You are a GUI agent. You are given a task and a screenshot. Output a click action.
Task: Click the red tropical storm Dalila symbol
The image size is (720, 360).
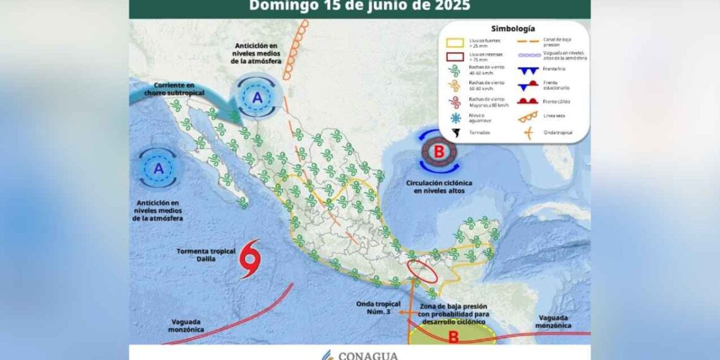[250, 258]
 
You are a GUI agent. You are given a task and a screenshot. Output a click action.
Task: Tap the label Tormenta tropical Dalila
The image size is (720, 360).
[201, 255]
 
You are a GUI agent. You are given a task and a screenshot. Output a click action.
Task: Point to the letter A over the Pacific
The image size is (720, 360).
[159, 168]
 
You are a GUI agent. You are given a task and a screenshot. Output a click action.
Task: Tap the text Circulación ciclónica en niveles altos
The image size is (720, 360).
[439, 186]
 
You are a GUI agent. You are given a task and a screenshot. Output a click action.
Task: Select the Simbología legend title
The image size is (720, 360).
[513, 28]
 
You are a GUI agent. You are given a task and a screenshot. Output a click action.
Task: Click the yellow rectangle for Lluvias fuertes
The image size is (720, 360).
[455, 43]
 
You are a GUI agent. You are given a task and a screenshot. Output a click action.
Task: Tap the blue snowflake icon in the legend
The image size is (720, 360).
[455, 118]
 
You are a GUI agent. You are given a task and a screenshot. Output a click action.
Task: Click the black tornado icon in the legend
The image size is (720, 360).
[455, 133]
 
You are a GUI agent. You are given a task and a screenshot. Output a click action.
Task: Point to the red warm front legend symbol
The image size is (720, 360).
[529, 101]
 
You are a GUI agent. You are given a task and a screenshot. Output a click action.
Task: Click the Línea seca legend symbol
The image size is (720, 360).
[529, 116]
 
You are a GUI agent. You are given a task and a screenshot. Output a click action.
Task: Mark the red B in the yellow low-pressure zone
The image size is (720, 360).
[453, 337]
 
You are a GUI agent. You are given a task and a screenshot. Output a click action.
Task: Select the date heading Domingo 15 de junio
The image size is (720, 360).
[359, 6]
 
